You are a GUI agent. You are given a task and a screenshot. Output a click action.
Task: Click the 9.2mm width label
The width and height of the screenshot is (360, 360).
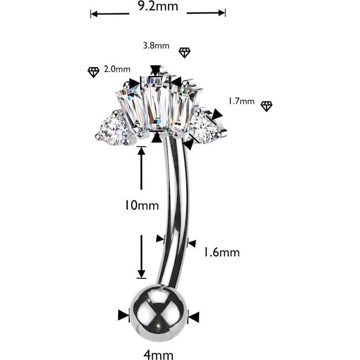tap(158, 6)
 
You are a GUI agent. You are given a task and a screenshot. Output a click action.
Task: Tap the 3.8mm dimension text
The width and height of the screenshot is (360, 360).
tap(156, 45)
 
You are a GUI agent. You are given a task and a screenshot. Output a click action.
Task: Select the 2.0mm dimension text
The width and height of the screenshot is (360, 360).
tap(117, 69)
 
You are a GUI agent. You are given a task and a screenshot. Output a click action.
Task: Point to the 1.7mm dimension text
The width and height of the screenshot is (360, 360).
tap(241, 101)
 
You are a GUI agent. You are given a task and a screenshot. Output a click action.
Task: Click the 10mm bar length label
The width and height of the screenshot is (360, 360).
tap(141, 205)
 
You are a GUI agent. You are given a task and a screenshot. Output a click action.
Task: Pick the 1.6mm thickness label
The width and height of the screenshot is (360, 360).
tap(222, 253)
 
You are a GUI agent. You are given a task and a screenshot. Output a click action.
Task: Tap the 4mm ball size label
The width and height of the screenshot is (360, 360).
tap(158, 355)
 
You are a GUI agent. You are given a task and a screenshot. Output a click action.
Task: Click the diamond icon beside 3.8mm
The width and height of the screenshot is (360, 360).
tap(184, 53)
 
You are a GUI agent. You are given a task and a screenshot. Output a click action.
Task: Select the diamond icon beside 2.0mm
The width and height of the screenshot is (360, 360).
tap(93, 72)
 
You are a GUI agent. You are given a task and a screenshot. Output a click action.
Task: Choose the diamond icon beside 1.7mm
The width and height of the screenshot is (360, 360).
tap(267, 106)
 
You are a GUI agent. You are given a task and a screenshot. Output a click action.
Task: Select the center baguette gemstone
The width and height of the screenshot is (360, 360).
tap(156, 104)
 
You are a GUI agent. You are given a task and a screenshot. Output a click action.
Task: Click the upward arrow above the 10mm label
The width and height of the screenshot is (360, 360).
tap(141, 168)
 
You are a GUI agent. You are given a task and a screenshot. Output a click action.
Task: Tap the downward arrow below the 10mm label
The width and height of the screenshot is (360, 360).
tap(141, 257)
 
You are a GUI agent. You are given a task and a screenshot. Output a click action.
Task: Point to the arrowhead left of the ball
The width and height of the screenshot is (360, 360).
tap(124, 315)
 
